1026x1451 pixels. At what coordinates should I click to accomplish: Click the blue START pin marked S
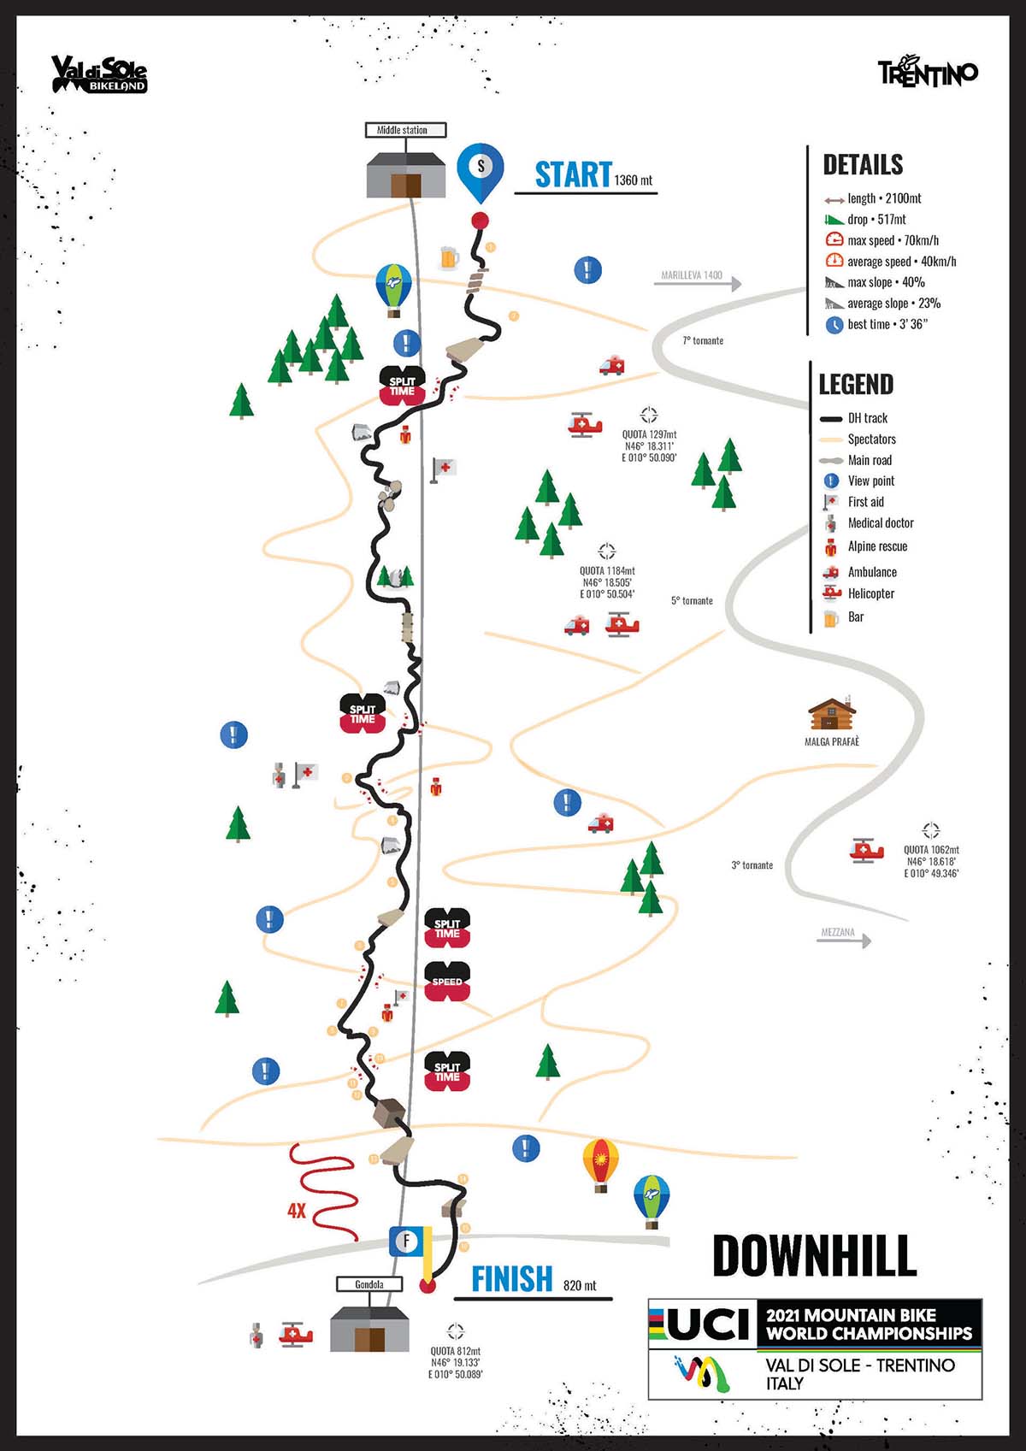point(481,168)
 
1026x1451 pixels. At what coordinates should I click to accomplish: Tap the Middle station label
point(402,130)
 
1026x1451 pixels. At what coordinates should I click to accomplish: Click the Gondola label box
point(369,1284)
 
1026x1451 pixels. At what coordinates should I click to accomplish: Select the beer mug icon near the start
point(449,257)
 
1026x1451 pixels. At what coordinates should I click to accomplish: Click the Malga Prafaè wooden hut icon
point(832,714)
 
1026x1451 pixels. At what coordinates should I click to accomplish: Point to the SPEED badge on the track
point(447,982)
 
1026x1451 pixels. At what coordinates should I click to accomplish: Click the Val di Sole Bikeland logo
point(99,74)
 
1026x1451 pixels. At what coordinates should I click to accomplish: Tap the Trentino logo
point(928,73)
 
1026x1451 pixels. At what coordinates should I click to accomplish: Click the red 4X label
point(297,1211)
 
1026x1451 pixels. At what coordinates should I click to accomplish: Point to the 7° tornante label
point(703,340)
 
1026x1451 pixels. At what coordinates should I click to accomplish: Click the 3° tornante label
point(752,865)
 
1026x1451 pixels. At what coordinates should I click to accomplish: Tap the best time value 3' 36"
point(912,324)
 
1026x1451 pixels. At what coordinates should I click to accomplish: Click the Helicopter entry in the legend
point(870,593)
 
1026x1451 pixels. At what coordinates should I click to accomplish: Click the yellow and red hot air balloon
point(600,1163)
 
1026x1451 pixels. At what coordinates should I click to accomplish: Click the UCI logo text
point(711,1324)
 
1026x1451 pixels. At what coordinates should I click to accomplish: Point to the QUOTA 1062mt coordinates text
point(931,861)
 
